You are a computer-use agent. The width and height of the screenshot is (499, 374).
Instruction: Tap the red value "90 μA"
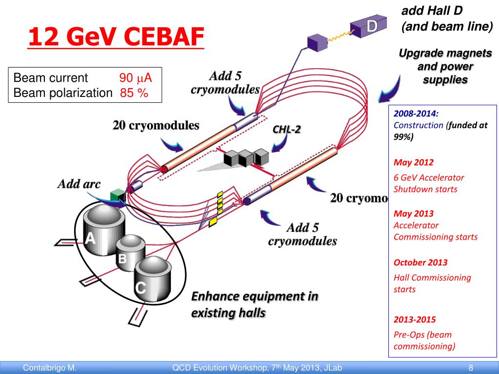(x=136, y=78)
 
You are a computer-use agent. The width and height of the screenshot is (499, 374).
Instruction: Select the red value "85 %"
(x=134, y=93)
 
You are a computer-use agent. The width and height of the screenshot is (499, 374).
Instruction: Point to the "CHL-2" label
(x=287, y=129)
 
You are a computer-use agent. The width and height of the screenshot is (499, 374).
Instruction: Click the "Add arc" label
(x=79, y=184)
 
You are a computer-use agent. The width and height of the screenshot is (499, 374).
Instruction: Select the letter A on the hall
(x=91, y=239)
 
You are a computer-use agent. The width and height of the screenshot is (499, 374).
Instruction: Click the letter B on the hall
(x=122, y=259)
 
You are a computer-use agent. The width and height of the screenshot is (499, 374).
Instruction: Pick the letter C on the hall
(x=140, y=288)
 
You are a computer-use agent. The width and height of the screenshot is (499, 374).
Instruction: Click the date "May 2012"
(x=413, y=162)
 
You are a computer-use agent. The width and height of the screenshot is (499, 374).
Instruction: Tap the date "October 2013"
(x=420, y=262)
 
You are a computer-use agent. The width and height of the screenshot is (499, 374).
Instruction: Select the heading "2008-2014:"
(x=416, y=113)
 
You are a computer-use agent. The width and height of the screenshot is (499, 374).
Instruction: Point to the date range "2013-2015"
(x=415, y=319)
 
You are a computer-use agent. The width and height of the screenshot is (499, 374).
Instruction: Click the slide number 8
(x=471, y=368)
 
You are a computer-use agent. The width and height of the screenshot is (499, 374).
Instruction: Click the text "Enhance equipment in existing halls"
(x=254, y=304)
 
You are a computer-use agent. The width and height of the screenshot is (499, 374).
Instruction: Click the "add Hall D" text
(x=432, y=11)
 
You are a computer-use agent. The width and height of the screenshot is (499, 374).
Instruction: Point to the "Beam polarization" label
(x=63, y=93)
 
